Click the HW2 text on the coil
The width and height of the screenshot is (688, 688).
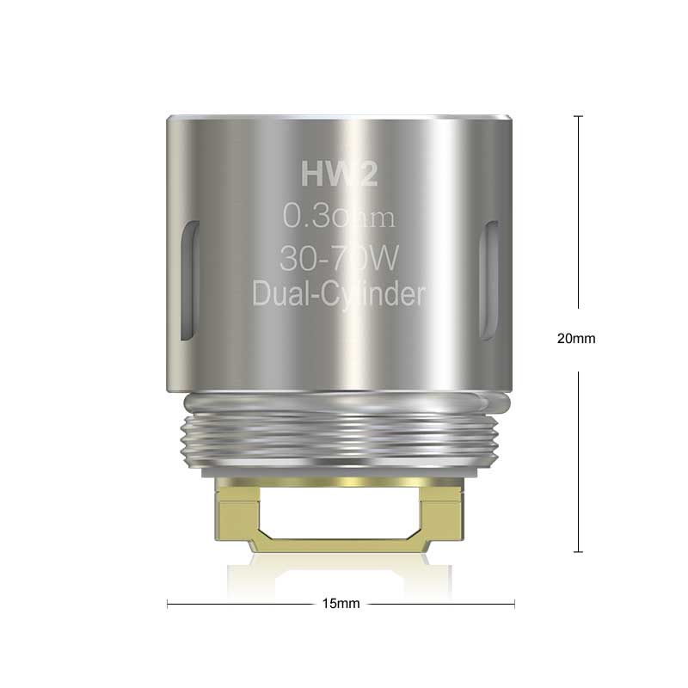pos(338,175)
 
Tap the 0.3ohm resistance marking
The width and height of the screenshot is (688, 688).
pos(339,218)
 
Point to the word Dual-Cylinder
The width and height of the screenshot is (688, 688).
pos(339,294)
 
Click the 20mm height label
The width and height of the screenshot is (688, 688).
pos(576,339)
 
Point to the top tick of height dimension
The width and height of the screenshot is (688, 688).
pos(578,116)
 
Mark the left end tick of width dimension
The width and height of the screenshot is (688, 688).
pos(167,604)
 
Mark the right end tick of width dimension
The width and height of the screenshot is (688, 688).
pos(514,604)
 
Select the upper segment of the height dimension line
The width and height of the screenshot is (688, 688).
pos(578,215)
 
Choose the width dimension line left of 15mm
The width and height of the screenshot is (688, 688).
pos(241,604)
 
